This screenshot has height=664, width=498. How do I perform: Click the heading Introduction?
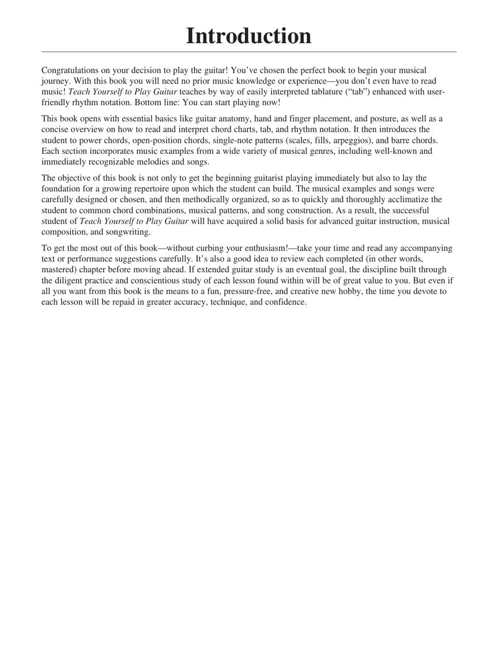[248, 36]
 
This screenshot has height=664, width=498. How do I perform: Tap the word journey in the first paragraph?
[55, 81]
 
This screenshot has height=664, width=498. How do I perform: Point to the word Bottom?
[149, 103]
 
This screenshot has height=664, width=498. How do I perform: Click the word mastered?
[58, 270]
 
